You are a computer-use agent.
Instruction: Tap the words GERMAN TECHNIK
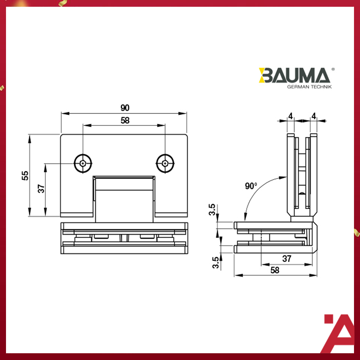coord(309,87)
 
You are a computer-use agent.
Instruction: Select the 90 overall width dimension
coord(125,108)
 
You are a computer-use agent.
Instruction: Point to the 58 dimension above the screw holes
coord(125,120)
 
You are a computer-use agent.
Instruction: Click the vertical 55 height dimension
coord(25,175)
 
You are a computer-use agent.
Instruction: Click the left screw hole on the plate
coord(83,163)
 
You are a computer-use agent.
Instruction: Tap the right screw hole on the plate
coord(165,163)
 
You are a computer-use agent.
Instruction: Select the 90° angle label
coord(251,186)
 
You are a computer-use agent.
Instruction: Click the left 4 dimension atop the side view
coord(290,116)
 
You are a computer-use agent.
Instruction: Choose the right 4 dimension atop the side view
coord(313,116)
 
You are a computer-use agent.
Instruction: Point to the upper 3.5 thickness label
coord(213,210)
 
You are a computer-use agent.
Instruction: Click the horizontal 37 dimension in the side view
coord(287,259)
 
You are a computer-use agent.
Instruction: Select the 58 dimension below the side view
coord(275,270)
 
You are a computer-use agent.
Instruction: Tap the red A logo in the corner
coord(339,334)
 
